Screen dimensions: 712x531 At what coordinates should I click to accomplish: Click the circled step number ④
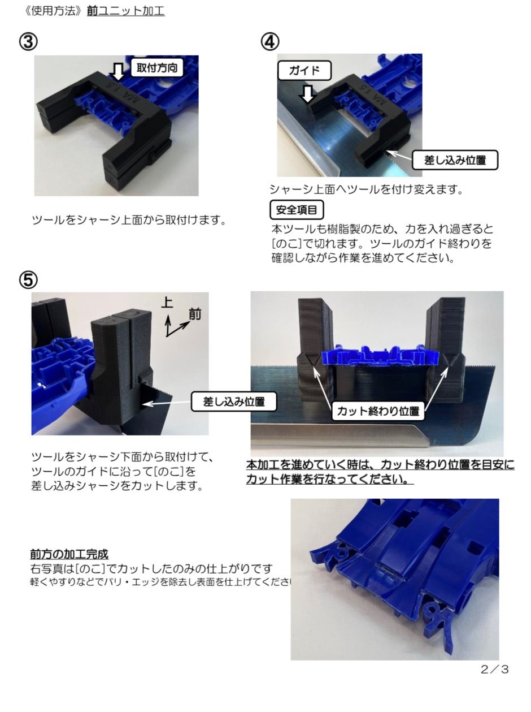(270, 41)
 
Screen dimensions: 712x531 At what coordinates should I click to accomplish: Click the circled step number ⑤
(29, 280)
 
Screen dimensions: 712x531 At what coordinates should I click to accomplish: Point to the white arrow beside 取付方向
(118, 71)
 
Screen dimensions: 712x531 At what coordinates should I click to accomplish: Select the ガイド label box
(304, 71)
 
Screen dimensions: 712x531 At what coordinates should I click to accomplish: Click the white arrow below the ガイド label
(307, 94)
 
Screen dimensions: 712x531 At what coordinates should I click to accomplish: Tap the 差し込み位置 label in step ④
(455, 160)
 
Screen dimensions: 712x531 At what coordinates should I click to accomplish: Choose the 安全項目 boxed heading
(297, 210)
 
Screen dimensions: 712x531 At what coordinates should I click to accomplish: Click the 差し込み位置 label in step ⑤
(234, 402)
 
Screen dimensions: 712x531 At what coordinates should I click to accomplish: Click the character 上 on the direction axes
(167, 303)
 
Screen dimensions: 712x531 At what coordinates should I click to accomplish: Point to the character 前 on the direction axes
(194, 314)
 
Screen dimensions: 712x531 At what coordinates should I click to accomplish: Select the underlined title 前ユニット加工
(126, 11)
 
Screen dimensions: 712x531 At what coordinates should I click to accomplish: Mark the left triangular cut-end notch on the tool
(310, 359)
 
